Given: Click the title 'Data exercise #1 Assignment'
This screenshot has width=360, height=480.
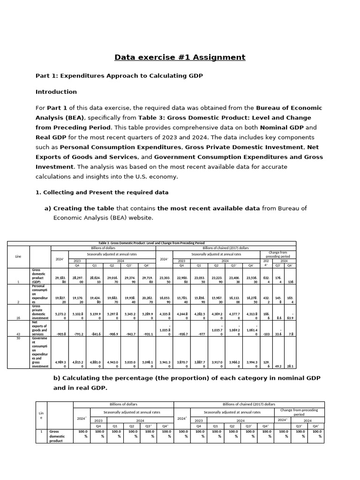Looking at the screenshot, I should tap(180, 57).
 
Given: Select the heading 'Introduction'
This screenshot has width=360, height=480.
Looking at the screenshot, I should tap(56, 91).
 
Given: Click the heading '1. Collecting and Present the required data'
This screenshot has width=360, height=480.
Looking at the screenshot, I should tap(102, 192).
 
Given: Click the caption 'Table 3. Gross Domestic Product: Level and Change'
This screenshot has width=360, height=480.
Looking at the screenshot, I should tap(151, 243).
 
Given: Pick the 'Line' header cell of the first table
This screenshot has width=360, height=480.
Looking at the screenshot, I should tap(18, 256).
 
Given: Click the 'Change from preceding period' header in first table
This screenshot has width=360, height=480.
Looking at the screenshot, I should tap(278, 254).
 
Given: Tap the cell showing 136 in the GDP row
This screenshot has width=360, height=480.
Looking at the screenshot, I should tap(291, 282).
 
